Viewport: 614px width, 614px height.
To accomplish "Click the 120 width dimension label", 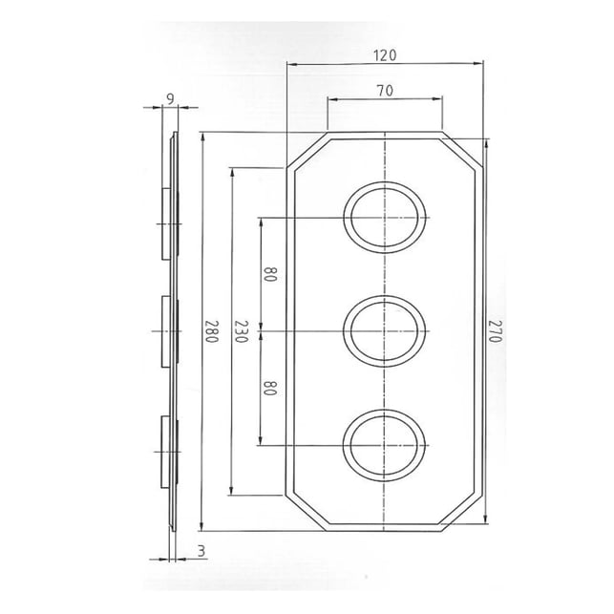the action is coord(385,55).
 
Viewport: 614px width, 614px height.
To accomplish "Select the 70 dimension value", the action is coord(386,91).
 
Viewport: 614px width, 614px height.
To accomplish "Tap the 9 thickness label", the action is coord(170,99).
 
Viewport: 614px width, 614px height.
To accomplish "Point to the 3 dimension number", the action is coord(201,551).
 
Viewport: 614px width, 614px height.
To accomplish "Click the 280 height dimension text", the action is coord(211,331).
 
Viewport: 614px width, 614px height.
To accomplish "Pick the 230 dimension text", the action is coord(242,331).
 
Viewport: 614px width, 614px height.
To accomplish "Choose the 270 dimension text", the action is coord(495,331).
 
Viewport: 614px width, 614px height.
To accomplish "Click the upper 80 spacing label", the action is coord(270,274).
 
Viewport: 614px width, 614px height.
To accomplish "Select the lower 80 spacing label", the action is coord(270,388).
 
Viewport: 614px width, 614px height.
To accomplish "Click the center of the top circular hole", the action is coord(385,218).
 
